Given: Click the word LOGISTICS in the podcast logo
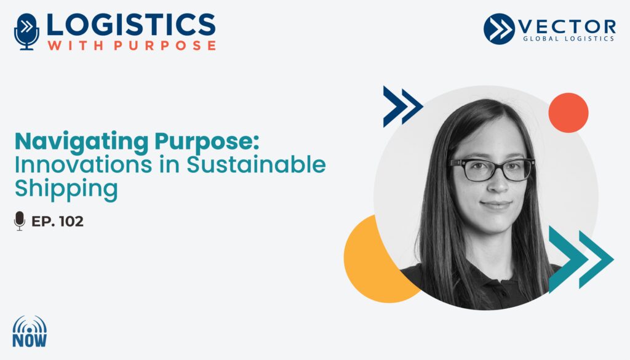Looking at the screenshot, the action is tap(131, 25).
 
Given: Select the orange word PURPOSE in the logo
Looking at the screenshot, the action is tap(165, 45).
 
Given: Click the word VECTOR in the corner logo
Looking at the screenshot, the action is tap(567, 27).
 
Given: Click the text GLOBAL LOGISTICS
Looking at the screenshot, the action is tap(568, 39).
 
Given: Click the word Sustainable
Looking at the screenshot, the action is tap(256, 164).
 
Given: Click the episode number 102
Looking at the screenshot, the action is tap(71, 222).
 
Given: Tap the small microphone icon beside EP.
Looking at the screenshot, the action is tap(19, 221).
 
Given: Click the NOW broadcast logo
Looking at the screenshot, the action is tap(30, 332).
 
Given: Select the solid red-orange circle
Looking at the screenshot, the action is tap(568, 113).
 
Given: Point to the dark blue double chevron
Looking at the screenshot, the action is tap(402, 106).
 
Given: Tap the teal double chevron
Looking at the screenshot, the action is tap(581, 259).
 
